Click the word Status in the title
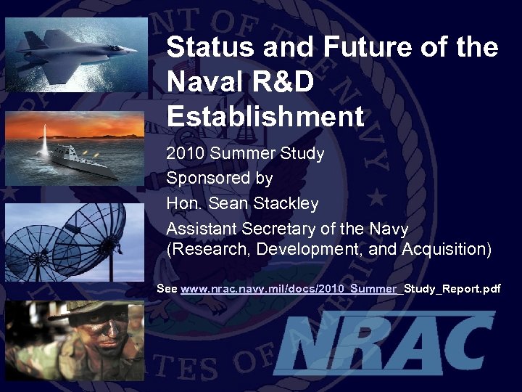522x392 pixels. click(205, 48)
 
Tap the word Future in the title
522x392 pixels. click(355, 48)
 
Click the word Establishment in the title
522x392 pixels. click(265, 116)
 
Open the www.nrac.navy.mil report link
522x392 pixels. click(290, 289)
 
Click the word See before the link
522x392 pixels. click(167, 289)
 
